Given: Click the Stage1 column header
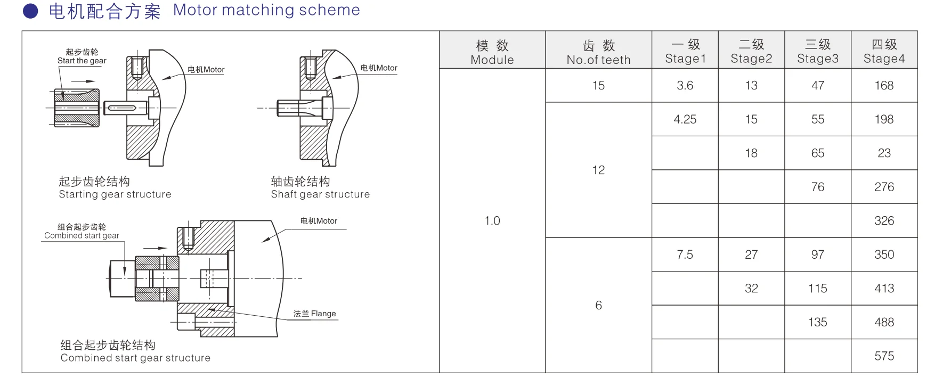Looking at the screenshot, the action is [x=685, y=52].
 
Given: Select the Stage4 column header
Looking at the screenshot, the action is [x=884, y=52].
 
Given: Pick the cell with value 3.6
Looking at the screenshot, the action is [x=685, y=86].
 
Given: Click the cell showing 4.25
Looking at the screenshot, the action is [x=685, y=119].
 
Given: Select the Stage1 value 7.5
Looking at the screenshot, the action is [x=685, y=254].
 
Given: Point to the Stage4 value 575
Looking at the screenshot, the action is [x=884, y=356].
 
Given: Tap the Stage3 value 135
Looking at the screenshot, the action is [x=817, y=322].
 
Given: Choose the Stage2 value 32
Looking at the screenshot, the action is [x=751, y=289].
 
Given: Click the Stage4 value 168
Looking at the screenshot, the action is [x=884, y=86].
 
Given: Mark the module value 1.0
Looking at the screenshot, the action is [x=492, y=221].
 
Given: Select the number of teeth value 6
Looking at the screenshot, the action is [x=598, y=305].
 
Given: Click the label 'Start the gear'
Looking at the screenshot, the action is [x=82, y=61].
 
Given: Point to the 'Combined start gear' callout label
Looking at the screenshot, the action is [x=82, y=235].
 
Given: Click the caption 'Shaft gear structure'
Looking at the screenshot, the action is [x=320, y=194].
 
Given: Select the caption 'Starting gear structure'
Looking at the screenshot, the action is [x=115, y=194].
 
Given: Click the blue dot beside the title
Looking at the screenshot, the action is [x=31, y=11].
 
